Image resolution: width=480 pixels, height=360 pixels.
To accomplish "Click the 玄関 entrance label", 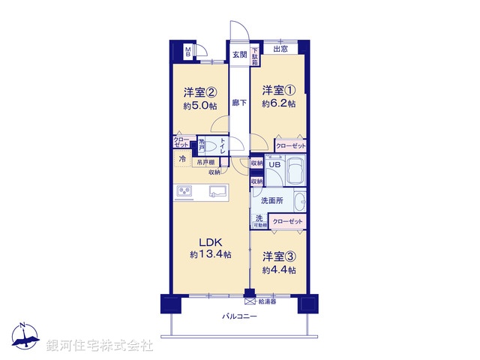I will point(239,55).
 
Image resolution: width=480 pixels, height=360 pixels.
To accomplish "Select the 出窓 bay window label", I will point(280,50).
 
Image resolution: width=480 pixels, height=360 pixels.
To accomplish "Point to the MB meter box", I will point(188,53).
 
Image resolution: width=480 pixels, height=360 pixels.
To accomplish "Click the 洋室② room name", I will point(200,93).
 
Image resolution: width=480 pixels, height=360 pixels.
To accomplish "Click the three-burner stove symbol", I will point(184,192).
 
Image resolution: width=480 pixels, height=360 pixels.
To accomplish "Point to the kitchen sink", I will point(218,192).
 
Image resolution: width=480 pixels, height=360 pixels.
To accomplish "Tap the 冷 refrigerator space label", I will point(183,159).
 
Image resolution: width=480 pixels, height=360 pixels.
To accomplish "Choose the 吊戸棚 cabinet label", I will point(205,162).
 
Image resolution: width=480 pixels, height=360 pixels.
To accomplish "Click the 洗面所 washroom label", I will point(271,201).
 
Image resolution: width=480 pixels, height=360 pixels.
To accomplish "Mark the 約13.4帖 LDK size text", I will point(210,256).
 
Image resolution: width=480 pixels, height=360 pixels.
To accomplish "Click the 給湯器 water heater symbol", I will point(249,301).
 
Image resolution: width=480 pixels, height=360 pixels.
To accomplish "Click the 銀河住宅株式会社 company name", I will point(100,346).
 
